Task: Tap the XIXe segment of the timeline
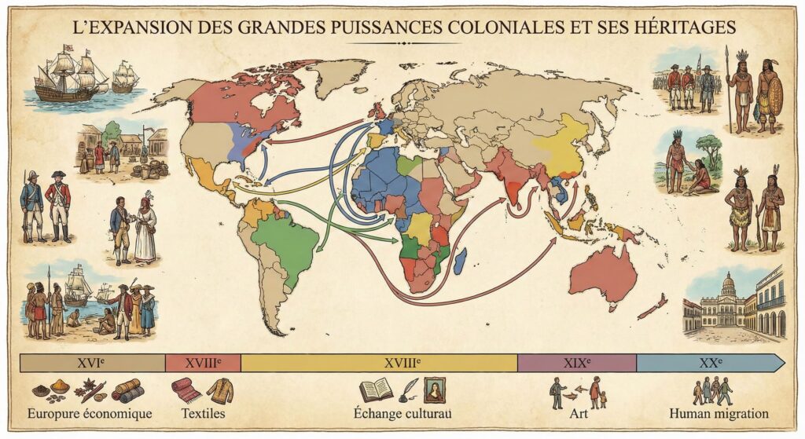[576, 363]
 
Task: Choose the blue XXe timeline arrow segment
[708, 363]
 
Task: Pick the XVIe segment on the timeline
[92, 363]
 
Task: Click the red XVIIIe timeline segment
[203, 363]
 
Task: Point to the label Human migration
[719, 413]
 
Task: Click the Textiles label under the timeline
[203, 413]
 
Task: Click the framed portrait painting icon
[434, 390]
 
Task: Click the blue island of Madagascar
[461, 261]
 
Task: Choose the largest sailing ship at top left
[71, 75]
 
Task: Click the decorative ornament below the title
[402, 43]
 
